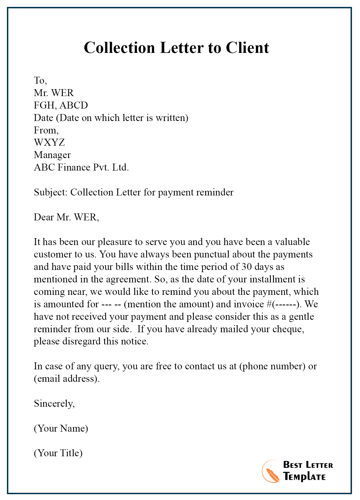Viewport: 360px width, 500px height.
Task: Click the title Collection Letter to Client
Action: tap(176, 48)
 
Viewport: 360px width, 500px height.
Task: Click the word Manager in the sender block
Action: tap(52, 155)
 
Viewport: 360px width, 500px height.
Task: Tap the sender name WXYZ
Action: tap(49, 142)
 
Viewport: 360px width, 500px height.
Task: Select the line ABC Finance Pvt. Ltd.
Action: tap(81, 167)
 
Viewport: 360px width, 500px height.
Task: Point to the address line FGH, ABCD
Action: tap(61, 105)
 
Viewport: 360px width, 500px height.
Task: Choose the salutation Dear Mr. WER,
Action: tap(66, 217)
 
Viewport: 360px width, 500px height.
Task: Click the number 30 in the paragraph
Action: tap(246, 267)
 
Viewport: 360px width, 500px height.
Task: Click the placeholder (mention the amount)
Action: tap(169, 304)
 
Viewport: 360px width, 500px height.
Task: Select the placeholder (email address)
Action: tap(66, 378)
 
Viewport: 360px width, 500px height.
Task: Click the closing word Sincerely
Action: tap(54, 403)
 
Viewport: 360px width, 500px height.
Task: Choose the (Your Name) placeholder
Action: tap(61, 428)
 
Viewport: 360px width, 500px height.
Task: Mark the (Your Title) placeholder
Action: tap(58, 453)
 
